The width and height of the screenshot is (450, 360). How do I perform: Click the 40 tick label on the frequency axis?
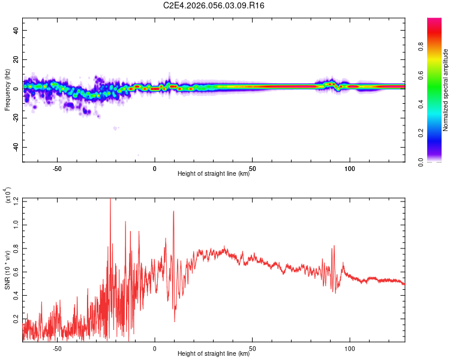tap(17, 30)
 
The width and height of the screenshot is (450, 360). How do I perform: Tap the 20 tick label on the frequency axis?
tap(17, 59)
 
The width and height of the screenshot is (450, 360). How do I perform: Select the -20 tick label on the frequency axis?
tap(17, 118)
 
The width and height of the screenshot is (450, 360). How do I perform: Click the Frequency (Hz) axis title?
tap(7, 90)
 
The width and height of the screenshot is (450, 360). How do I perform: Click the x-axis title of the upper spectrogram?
tap(214, 173)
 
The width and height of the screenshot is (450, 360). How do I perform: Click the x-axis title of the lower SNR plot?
tap(214, 353)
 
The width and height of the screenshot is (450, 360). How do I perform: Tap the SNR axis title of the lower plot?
tap(7, 270)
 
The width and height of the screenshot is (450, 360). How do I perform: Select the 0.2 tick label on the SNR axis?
tap(17, 321)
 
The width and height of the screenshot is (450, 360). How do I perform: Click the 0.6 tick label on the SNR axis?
tap(17, 272)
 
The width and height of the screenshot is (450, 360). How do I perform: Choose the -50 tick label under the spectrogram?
tap(57, 168)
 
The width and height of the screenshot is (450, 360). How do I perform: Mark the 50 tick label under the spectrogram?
tap(252, 168)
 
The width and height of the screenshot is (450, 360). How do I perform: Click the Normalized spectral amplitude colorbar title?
tap(446, 90)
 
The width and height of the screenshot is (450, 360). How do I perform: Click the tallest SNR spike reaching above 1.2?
tap(110, 200)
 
